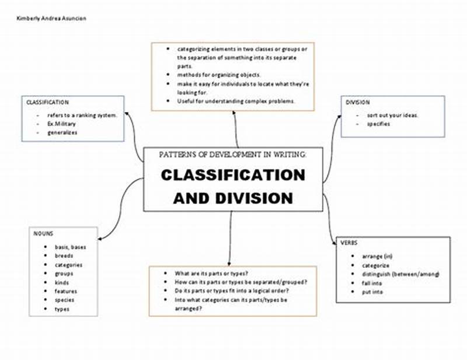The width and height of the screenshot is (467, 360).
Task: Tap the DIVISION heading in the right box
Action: point(357,103)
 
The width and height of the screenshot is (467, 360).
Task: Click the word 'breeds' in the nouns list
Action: point(64,256)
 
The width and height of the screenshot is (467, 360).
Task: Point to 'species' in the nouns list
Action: point(65,300)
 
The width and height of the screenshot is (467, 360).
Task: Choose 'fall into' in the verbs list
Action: point(372,283)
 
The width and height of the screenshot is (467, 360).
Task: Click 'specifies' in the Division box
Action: point(378,124)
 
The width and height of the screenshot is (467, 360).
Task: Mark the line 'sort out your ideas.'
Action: point(392,115)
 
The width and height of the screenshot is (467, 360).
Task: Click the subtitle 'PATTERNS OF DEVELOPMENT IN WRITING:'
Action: point(232,155)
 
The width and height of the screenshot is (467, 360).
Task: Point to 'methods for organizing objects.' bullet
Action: point(219,75)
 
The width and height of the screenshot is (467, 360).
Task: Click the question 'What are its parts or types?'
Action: point(211,273)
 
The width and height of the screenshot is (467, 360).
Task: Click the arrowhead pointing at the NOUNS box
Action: point(100,237)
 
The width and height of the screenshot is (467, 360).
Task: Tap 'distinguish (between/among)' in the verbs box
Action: point(400,274)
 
